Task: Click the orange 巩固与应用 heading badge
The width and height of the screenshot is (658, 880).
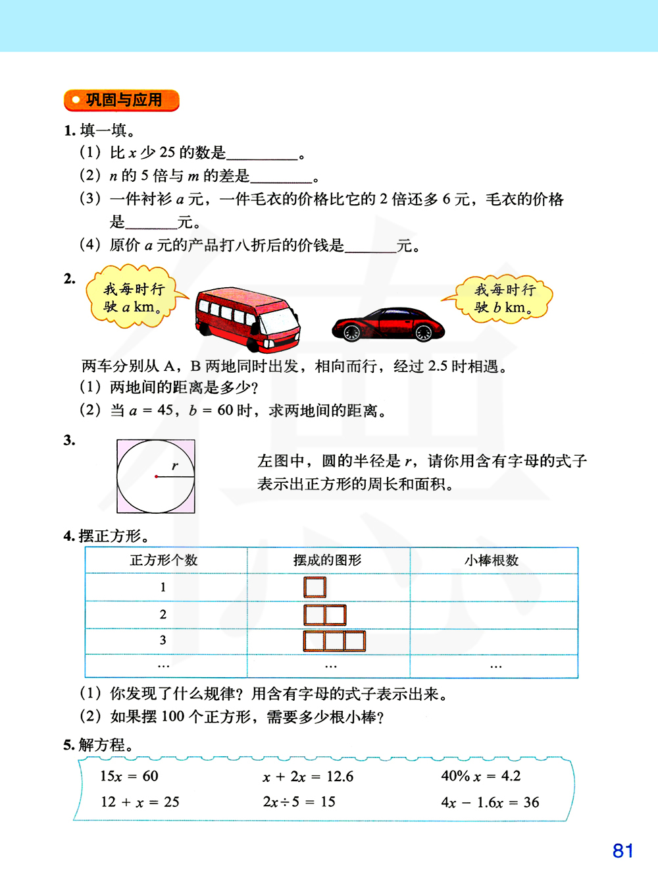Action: (122, 100)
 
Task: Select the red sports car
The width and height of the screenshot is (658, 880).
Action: (388, 324)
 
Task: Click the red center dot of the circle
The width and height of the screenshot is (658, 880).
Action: (156, 476)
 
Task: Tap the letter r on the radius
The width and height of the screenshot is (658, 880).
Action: (175, 466)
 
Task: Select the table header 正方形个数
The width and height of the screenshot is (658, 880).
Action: (164, 561)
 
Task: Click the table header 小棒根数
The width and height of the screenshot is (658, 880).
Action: (492, 561)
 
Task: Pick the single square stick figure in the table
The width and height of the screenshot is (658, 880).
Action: (315, 587)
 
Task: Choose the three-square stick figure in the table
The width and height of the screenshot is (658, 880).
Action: (334, 640)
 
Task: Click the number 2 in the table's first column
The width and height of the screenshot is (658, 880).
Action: (163, 615)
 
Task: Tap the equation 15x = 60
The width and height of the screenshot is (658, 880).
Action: (129, 776)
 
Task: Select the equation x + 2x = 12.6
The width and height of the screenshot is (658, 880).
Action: (308, 777)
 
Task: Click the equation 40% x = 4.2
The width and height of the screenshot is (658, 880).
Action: (480, 776)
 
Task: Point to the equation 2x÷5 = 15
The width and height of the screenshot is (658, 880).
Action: (299, 802)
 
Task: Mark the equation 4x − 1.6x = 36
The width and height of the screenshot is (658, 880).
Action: (490, 802)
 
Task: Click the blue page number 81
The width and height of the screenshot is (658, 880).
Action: (622, 850)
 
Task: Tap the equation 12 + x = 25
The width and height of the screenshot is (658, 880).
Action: (139, 802)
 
